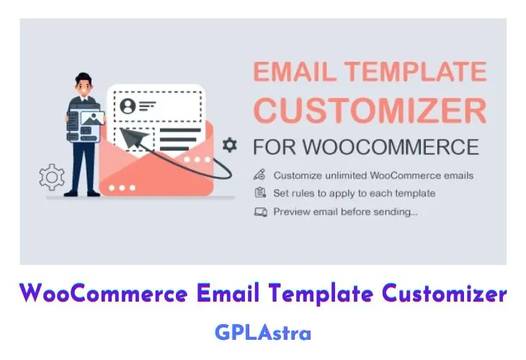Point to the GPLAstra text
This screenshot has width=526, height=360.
point(263,333)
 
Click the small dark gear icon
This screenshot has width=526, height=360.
point(230,145)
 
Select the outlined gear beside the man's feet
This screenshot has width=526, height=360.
point(52,176)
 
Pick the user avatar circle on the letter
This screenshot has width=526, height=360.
point(128,107)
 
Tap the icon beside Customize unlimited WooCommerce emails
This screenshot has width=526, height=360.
point(260,175)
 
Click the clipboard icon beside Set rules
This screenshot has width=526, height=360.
point(260,193)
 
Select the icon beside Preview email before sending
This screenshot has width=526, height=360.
point(260,212)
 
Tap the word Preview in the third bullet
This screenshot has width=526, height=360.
point(291,212)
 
